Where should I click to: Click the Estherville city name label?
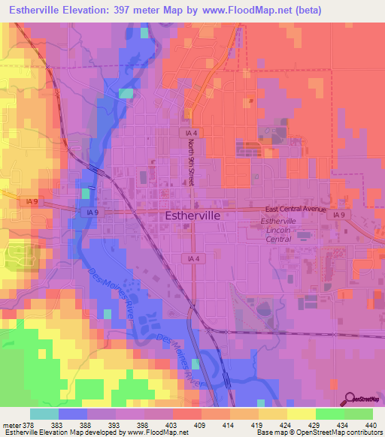(x=192, y=215)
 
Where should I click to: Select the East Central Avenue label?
(x=296, y=210)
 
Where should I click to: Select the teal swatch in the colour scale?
(x=44, y=414)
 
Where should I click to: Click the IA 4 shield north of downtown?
(x=193, y=132)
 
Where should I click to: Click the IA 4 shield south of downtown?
(x=193, y=258)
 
